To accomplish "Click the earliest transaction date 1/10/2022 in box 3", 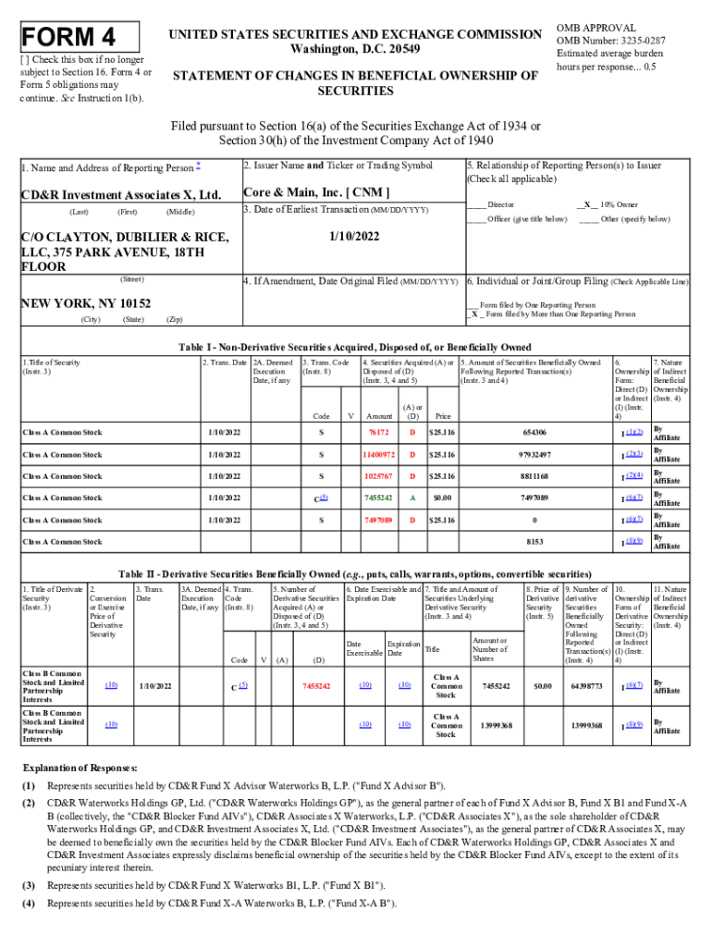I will (352, 237).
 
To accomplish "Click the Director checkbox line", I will (491, 203).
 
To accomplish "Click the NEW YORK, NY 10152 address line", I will (86, 302).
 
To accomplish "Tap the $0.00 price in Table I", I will (442, 498).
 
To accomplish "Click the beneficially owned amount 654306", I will (534, 433).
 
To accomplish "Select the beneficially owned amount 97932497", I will (534, 455).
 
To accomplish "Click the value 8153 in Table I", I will (534, 542).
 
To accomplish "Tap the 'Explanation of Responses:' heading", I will (80, 769).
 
